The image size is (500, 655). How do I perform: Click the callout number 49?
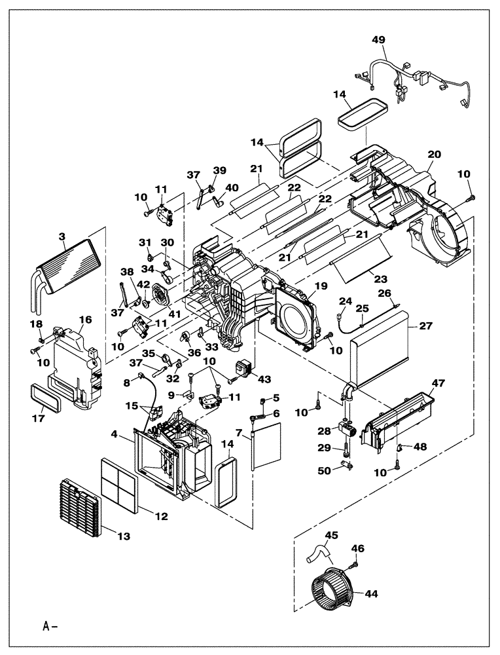point(379,40)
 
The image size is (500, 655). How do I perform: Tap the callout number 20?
point(434,154)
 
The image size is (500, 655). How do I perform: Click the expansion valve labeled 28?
point(346,431)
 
